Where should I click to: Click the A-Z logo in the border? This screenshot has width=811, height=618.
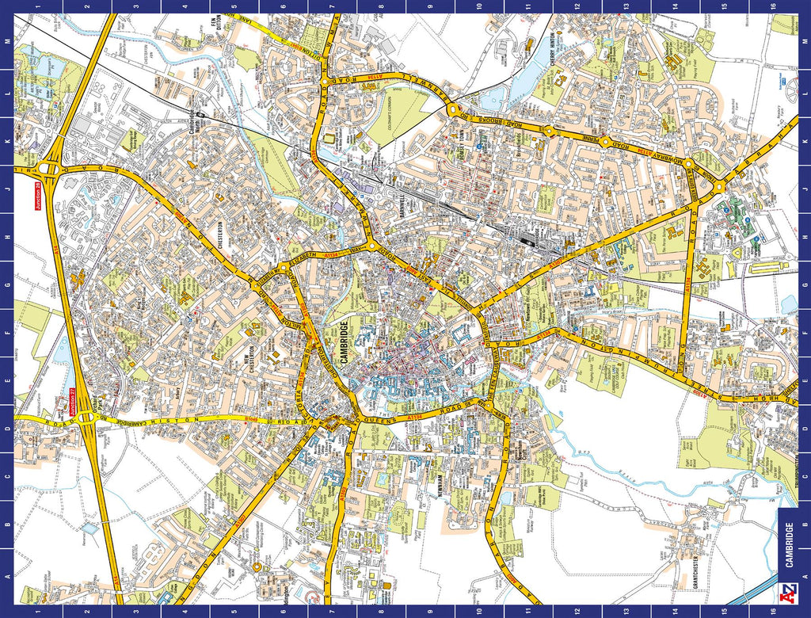tap(790, 593)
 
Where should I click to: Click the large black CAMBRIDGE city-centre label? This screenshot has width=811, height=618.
tap(343, 345)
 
